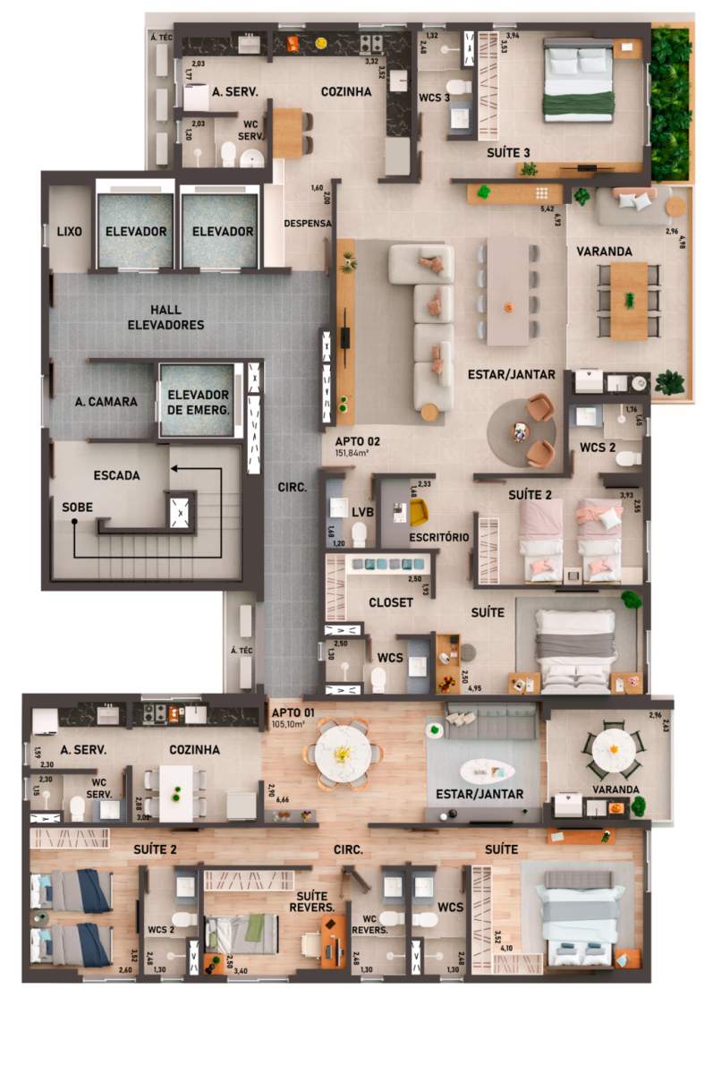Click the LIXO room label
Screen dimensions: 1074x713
tap(69, 232)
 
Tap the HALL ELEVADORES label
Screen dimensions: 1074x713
tap(165, 318)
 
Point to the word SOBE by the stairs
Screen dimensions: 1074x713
tap(77, 507)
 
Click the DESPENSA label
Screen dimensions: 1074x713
tap(308, 223)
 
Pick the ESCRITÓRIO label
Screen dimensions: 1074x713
tap(438, 537)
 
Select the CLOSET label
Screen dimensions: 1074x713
tap(391, 602)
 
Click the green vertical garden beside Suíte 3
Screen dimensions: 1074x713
tap(670, 104)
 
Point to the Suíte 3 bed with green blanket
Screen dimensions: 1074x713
tap(579, 83)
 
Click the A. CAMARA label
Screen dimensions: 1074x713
tap(106, 402)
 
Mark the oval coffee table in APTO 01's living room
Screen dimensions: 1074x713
tap(486, 771)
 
